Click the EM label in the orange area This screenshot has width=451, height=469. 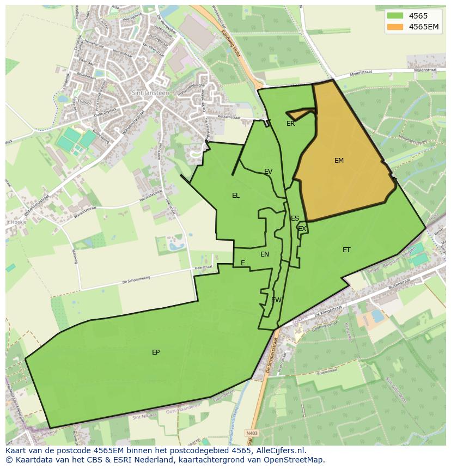coord(339,161)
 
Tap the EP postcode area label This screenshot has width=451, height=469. coord(156,352)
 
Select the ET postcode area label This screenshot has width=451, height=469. coord(346,250)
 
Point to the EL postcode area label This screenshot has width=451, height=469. coord(235,196)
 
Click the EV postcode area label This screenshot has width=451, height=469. coord(268,172)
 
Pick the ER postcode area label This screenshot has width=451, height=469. coord(290,124)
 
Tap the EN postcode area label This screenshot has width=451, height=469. coord(265,254)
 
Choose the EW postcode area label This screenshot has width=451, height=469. coord(276,300)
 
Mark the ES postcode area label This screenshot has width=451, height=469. coord(295,218)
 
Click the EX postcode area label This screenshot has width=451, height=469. coord(302,229)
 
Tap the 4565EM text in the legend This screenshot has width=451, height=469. coord(424,27)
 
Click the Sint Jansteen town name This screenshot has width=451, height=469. coord(150,93)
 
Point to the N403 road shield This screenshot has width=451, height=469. coord(251,433)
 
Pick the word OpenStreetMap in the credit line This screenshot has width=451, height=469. coord(295,460)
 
